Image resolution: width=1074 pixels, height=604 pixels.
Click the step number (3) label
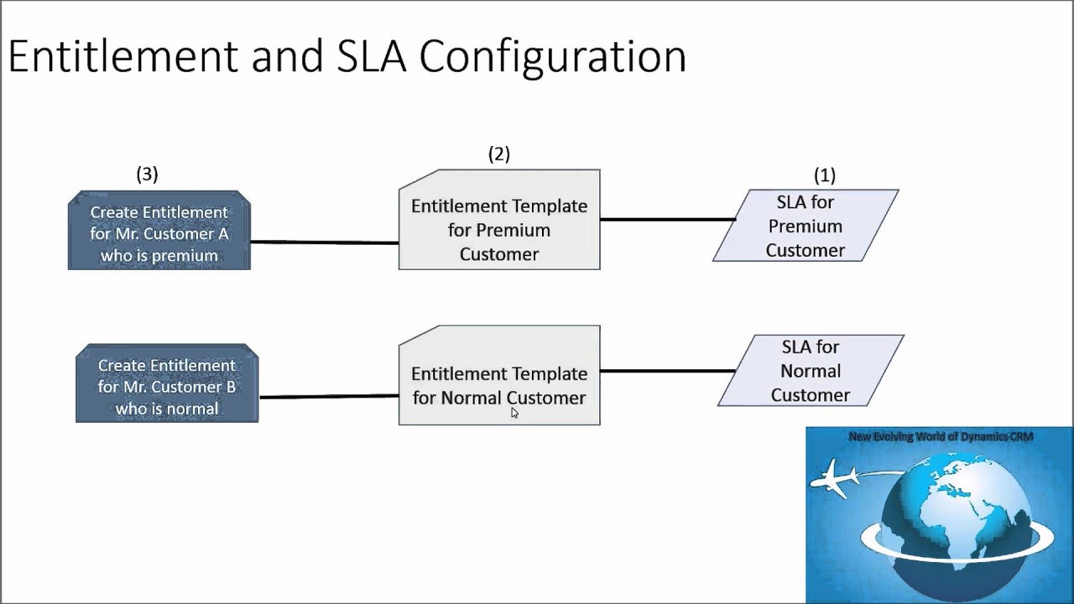(x=147, y=174)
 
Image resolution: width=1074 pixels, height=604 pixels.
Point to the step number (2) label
(x=499, y=154)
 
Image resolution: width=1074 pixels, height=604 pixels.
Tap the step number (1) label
(x=825, y=174)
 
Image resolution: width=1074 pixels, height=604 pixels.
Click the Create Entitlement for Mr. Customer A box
(x=159, y=232)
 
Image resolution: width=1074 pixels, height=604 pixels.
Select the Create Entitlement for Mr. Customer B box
(x=167, y=384)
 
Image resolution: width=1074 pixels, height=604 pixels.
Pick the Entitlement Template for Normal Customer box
(x=499, y=376)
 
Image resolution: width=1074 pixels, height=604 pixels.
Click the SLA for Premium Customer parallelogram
(x=805, y=226)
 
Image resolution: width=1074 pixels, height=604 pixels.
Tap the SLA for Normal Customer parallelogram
(x=811, y=371)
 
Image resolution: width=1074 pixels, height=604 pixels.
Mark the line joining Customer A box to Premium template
(x=324, y=242)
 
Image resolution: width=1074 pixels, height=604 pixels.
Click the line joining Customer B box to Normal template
(x=328, y=396)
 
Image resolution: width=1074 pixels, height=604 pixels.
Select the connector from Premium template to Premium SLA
(x=667, y=220)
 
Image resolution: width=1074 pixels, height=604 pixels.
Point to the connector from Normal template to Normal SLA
(x=667, y=370)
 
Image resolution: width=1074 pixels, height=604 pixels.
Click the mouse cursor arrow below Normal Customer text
(x=514, y=412)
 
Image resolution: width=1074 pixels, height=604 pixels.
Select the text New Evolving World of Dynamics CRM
(x=941, y=436)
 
